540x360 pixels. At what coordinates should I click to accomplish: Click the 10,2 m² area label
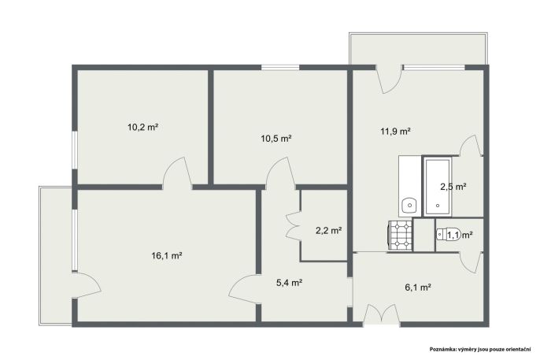(143, 127)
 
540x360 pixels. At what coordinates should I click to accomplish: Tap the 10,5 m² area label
(276, 139)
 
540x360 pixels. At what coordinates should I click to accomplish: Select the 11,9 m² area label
(395, 131)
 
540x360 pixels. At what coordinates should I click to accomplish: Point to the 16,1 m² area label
(167, 255)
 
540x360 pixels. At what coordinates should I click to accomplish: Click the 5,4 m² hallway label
(290, 283)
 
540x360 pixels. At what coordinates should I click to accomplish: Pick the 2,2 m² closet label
(328, 230)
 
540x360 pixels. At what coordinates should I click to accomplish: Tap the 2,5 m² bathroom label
(453, 187)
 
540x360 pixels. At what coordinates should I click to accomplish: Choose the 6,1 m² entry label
(418, 287)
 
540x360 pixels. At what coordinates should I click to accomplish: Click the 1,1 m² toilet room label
(460, 235)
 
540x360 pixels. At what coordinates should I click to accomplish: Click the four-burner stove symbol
(400, 235)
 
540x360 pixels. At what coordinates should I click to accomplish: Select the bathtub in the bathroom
(438, 187)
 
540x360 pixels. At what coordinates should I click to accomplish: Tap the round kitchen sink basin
(410, 206)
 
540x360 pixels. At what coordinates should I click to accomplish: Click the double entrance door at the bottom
(382, 314)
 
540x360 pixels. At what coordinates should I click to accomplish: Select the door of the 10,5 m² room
(280, 173)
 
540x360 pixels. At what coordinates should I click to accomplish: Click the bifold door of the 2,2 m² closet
(293, 225)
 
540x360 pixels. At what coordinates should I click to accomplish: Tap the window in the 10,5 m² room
(280, 68)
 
